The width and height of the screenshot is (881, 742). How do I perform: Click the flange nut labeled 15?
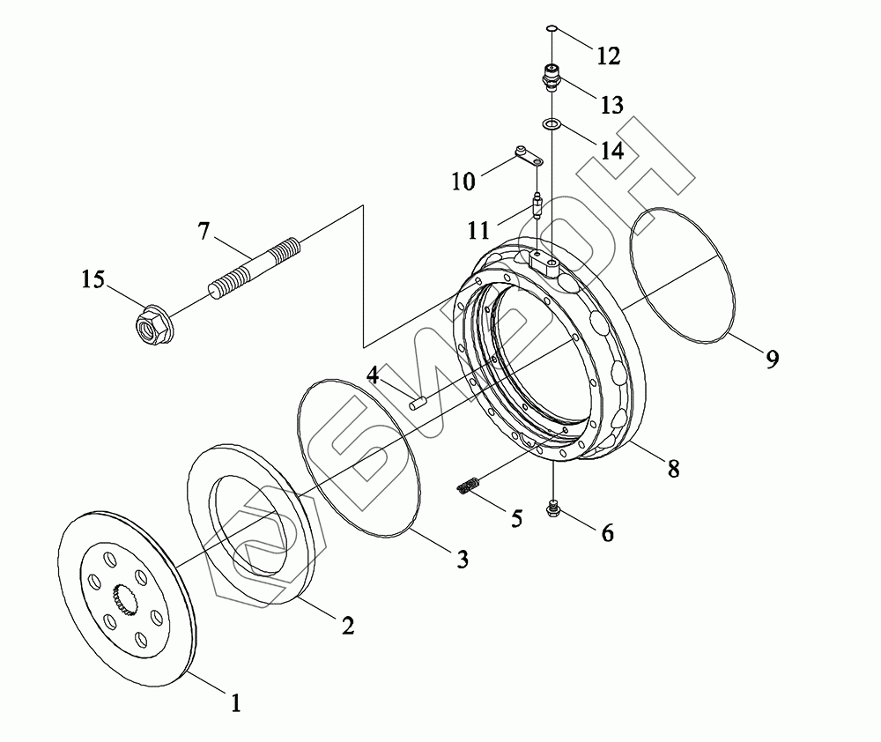[x=149, y=323]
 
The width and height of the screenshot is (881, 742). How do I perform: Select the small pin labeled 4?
[x=417, y=404]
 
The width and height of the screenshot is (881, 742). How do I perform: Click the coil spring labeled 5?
[x=470, y=486]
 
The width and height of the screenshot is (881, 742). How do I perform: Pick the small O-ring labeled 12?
[x=551, y=30]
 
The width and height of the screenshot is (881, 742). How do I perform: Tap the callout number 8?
[x=673, y=469]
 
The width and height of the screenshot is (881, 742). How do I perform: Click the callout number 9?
[x=772, y=360]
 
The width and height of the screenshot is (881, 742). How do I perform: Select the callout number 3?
[x=462, y=560]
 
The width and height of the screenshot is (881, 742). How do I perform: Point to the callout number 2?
[x=347, y=626]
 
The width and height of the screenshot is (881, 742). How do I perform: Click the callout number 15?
[x=93, y=280]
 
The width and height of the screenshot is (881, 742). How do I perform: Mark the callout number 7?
[x=204, y=232]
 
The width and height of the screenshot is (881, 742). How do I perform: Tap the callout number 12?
[x=608, y=56]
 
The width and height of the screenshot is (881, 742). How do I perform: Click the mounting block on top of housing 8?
[x=546, y=263]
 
